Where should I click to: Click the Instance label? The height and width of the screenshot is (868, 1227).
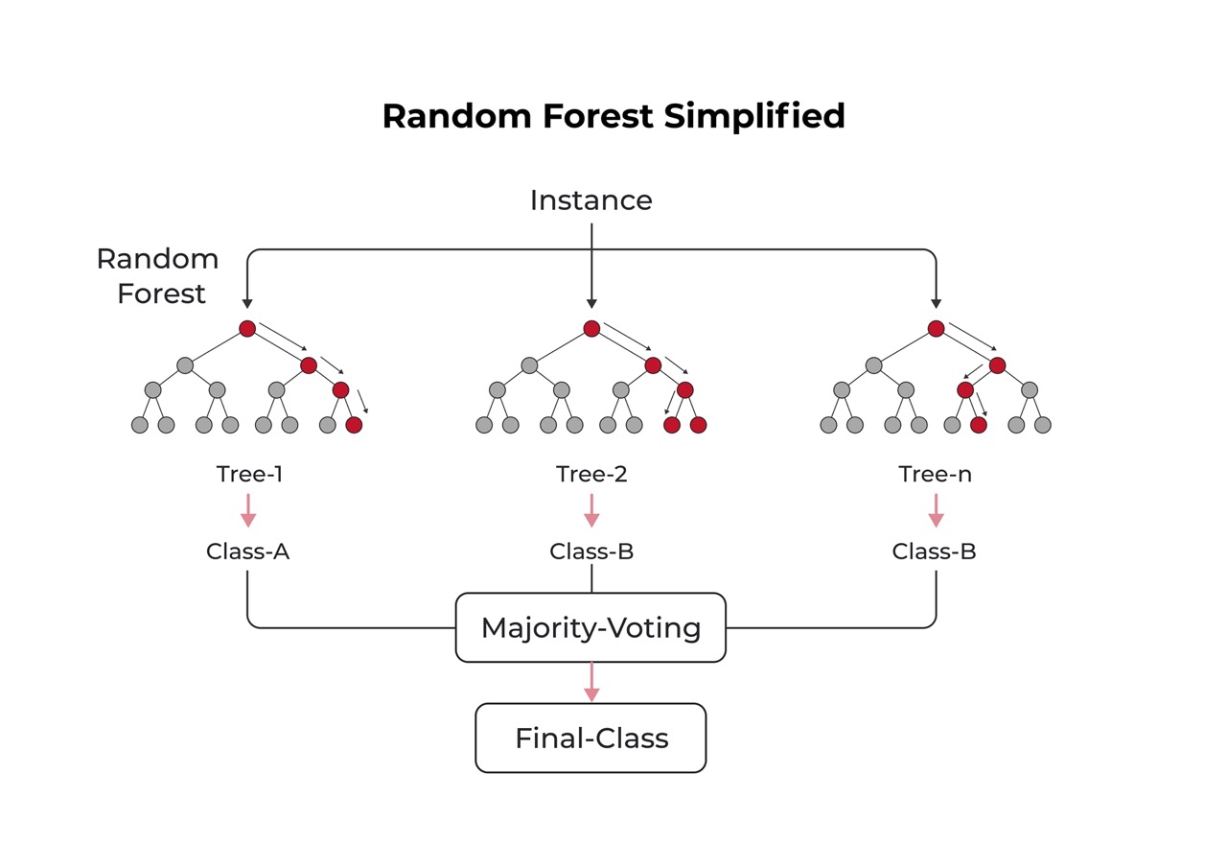(x=590, y=200)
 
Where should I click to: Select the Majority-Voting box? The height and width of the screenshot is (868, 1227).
(x=590, y=627)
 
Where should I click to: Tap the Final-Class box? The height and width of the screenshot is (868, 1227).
(x=590, y=738)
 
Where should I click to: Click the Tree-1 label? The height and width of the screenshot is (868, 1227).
(x=249, y=474)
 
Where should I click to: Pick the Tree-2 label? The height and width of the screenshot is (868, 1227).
(x=591, y=474)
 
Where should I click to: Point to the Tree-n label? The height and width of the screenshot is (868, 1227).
(x=935, y=474)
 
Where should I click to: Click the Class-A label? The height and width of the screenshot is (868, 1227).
(x=247, y=551)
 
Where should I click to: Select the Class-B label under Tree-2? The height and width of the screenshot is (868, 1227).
(x=591, y=551)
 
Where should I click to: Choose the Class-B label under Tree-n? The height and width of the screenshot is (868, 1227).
(x=934, y=551)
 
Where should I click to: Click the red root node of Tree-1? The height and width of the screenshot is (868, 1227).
(x=247, y=329)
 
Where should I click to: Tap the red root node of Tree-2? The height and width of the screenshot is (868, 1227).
(x=591, y=329)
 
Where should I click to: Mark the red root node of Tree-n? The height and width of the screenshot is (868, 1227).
(x=937, y=329)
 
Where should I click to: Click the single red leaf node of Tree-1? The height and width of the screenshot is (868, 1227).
(x=354, y=425)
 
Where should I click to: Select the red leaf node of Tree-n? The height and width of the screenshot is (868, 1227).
(x=979, y=425)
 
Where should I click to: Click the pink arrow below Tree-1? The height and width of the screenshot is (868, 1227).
(x=248, y=510)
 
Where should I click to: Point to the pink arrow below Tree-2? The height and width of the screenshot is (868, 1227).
(x=591, y=510)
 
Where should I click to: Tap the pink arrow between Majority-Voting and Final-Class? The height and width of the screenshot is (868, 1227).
(x=591, y=682)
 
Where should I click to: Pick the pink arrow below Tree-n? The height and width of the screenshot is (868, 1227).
(x=936, y=510)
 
